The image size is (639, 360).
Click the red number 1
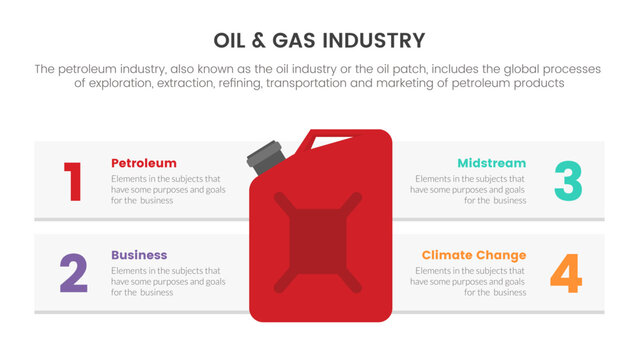tap(73, 181)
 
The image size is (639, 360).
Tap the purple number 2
tap(73, 273)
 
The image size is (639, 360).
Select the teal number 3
tap(567, 181)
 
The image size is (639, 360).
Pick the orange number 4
tap(566, 273)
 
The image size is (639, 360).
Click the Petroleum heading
tap(144, 163)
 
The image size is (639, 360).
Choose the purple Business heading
tap(139, 255)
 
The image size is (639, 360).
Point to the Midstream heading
tap(492, 163)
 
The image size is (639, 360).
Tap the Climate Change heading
tap(474, 255)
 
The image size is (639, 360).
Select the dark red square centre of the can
tap(319, 234)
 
